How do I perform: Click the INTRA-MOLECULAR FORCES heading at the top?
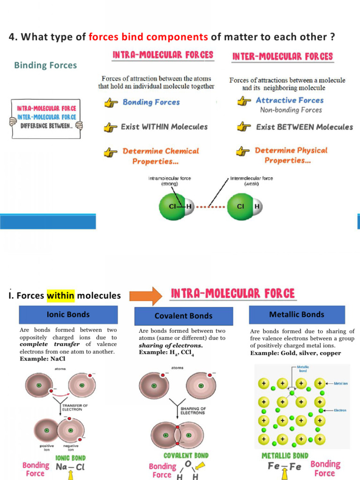tap(163, 55)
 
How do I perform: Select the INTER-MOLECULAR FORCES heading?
tap(282, 56)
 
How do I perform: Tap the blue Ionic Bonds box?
tap(68, 315)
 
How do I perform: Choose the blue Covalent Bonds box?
tap(183, 316)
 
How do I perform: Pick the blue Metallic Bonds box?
tap(296, 315)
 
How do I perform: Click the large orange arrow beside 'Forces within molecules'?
tap(145, 295)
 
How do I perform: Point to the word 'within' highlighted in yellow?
tap(60, 296)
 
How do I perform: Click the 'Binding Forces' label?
tap(45, 65)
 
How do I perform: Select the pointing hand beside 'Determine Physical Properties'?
tap(242, 151)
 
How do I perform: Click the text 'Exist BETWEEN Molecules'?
tap(304, 127)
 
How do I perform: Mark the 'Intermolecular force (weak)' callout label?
tap(251, 181)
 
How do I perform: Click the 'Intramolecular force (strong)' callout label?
tap(169, 181)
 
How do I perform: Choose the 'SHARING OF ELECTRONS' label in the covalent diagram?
tap(192, 411)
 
